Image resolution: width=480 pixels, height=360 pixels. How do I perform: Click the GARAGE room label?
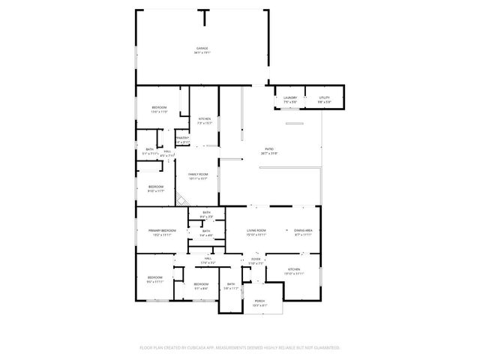tap(202, 48)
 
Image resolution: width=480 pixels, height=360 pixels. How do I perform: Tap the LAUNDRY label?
tap(290, 97)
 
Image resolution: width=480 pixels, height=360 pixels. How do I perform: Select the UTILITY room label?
tap(324, 97)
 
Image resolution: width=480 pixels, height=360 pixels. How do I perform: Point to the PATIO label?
tap(268, 150)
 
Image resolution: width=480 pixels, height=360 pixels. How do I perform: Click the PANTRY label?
tap(182, 138)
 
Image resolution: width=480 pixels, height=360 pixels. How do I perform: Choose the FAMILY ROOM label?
tap(198, 175)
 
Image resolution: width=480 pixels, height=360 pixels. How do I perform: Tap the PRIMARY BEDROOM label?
tap(162, 229)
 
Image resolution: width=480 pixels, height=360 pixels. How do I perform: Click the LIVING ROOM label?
tap(257, 229)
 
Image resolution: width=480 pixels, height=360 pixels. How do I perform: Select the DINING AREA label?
tap(303, 229)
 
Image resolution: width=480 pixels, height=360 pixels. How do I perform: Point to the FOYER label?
tap(256, 259)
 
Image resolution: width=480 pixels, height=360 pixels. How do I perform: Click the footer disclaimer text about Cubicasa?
tap(240, 348)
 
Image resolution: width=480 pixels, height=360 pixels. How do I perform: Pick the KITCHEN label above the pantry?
tap(204, 118)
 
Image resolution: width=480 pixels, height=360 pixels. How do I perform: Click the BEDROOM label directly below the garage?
tap(159, 108)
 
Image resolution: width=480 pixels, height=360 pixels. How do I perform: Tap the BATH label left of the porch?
tap(231, 283)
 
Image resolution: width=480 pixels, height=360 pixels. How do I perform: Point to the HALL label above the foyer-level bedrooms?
tap(208, 259)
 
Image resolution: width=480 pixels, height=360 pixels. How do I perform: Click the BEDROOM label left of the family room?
tap(155, 187)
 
